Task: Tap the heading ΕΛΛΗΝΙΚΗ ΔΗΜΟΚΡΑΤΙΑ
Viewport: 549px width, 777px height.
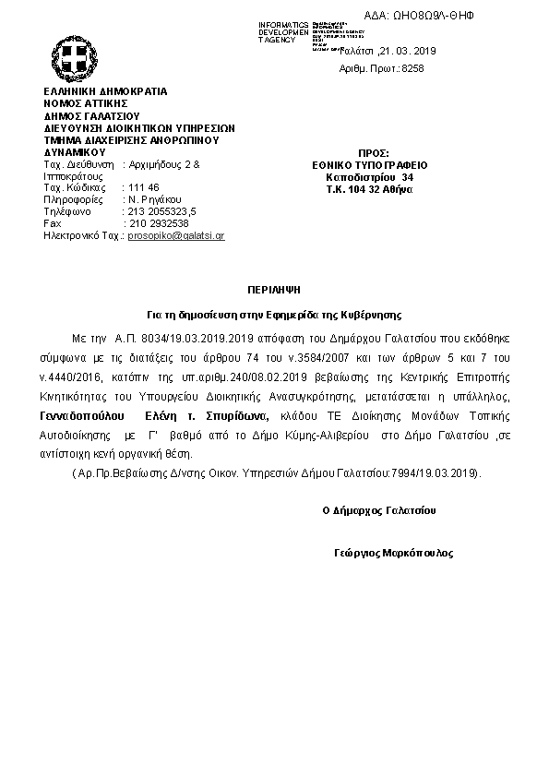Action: [x=105, y=93]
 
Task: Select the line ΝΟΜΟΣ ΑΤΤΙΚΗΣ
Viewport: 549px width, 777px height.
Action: [x=86, y=105]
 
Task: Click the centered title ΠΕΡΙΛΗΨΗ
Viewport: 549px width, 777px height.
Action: [x=273, y=289]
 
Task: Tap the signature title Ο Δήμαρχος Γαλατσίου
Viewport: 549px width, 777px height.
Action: [x=379, y=510]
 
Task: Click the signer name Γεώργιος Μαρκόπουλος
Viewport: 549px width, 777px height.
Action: [x=394, y=554]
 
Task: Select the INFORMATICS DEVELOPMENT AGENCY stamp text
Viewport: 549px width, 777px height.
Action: [x=284, y=32]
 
